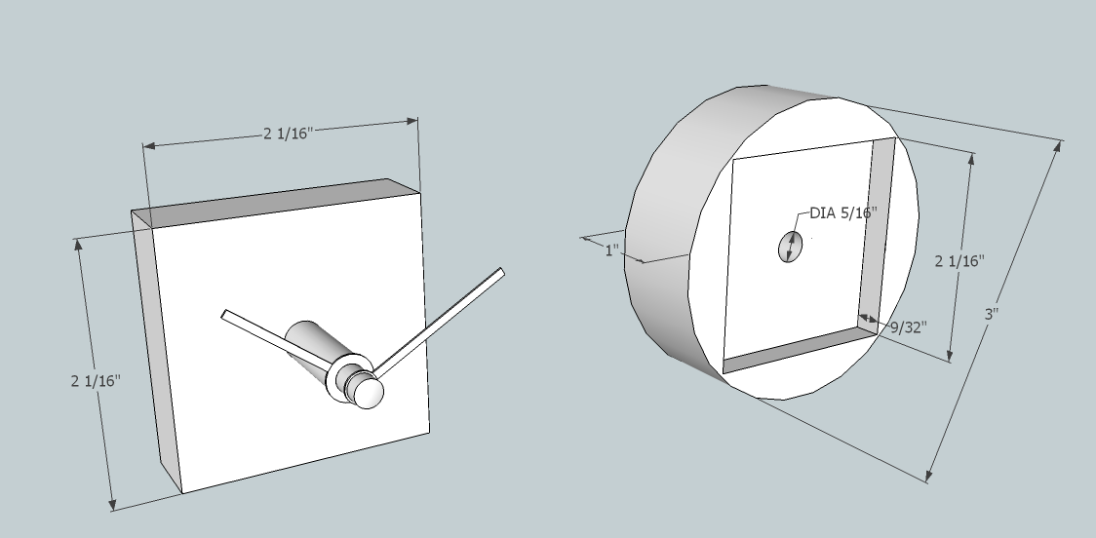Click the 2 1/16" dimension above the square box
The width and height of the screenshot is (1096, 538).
click(285, 134)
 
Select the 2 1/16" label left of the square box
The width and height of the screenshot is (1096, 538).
click(96, 381)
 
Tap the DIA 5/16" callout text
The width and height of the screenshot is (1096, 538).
click(843, 212)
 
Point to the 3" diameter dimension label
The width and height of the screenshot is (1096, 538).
click(993, 315)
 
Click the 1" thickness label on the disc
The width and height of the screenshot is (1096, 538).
click(612, 250)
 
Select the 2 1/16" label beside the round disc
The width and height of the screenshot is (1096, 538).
click(959, 261)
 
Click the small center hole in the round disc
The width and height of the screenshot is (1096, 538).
click(788, 248)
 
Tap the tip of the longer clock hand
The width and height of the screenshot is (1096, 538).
click(500, 274)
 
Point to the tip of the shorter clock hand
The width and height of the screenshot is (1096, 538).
click(226, 315)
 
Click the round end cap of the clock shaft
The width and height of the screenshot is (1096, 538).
click(369, 393)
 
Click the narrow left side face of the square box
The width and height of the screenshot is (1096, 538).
click(156, 351)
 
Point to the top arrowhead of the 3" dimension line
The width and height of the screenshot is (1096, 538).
click(1059, 146)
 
